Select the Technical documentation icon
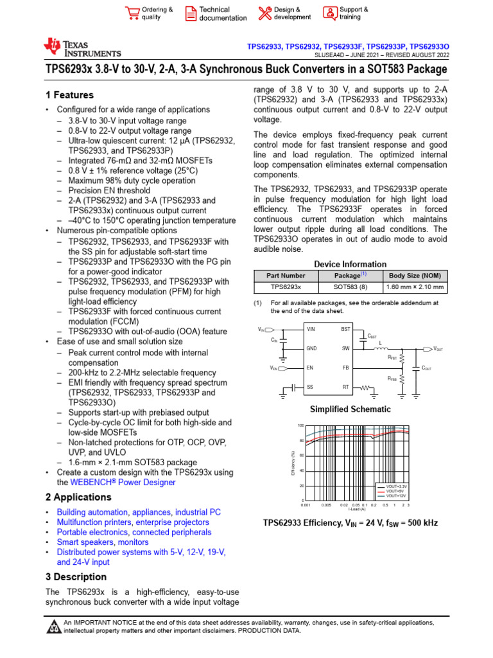(x=191, y=13)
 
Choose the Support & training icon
(x=329, y=13)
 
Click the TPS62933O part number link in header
(x=429, y=47)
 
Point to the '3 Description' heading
(x=76, y=577)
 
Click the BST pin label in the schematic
(x=345, y=329)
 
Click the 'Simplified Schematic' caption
(x=350, y=409)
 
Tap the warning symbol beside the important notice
(x=53, y=627)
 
